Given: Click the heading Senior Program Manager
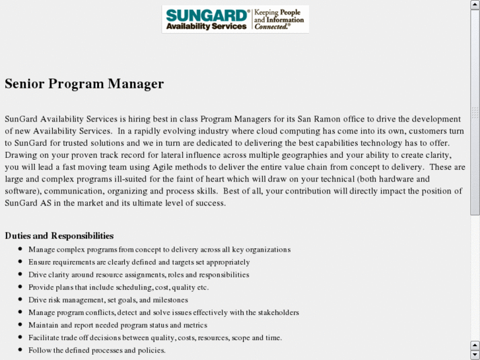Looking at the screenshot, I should pyautogui.click(x=84, y=84).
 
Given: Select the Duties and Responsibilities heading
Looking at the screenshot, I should pyautogui.click(x=59, y=236).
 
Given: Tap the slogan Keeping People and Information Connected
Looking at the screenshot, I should pyautogui.click(x=280, y=19).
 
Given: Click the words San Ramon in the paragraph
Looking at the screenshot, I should pyautogui.click(x=317, y=119).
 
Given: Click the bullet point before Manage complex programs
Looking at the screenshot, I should pyautogui.click(x=20, y=249).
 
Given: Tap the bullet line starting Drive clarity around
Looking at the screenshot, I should pyautogui.click(x=139, y=275).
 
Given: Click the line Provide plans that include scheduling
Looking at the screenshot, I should pyautogui.click(x=118, y=287).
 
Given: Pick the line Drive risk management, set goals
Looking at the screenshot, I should pyautogui.click(x=108, y=300).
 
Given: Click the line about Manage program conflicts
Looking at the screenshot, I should pyautogui.click(x=163, y=312).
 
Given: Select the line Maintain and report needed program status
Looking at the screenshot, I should pyautogui.click(x=118, y=325).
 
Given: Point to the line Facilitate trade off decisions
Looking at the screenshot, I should pyautogui.click(x=154, y=338).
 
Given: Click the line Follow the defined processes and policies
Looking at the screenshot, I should pyautogui.click(x=96, y=350).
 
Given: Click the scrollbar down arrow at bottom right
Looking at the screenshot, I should pyautogui.click(x=475, y=355).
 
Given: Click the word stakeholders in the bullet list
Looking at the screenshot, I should pyautogui.click(x=277, y=312).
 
